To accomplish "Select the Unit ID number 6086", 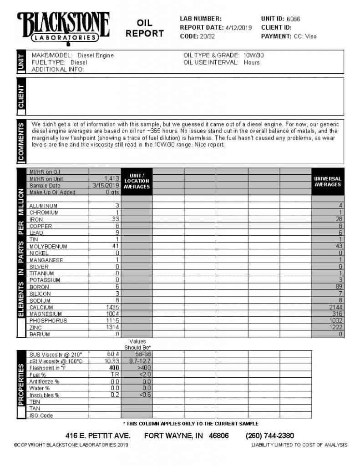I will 294,19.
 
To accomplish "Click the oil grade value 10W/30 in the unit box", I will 254,56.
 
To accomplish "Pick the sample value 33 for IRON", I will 116,219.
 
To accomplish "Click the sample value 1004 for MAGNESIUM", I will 112,314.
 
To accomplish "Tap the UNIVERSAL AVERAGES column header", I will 327,182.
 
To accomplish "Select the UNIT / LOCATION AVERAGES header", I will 137,181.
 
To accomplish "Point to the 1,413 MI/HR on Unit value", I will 111,179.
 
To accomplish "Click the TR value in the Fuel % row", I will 115,375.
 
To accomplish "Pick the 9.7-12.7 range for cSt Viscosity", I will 137,361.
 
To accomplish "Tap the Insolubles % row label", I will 44,395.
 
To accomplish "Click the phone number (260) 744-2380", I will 270,436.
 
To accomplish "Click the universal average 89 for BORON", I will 338,287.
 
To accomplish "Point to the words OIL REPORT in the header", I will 145,28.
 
